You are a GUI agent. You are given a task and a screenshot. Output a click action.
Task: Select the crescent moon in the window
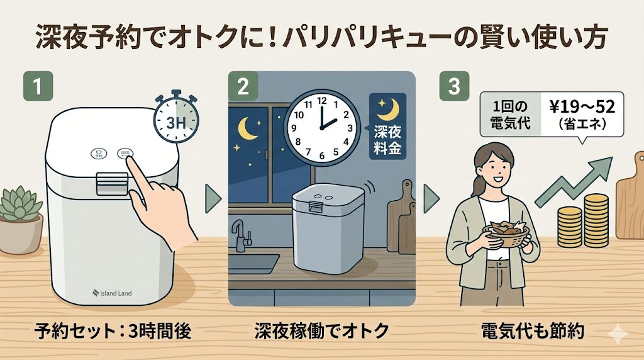click(247, 130)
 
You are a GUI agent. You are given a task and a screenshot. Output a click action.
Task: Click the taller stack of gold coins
click(596, 217)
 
